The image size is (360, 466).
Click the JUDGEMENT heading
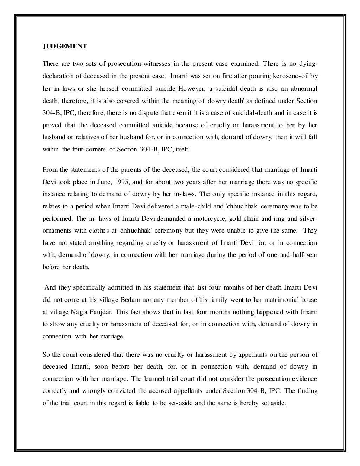(x=65, y=46)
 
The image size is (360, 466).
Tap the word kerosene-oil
(x=291, y=76)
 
